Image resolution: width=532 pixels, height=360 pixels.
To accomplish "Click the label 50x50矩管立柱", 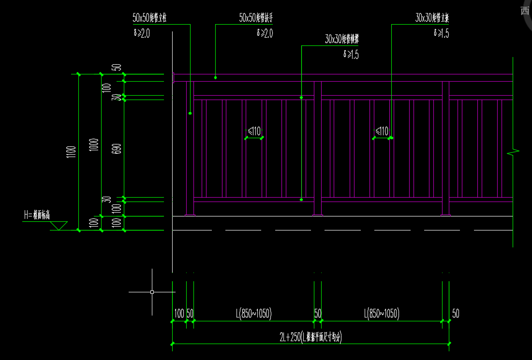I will pyautogui.click(x=153, y=18).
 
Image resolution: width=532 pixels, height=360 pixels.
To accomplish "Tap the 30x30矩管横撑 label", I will pyautogui.click(x=342, y=40).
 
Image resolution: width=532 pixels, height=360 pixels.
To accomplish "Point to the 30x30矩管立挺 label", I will pyautogui.click(x=432, y=18).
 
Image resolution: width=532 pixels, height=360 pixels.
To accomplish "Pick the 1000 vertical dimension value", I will pyautogui.click(x=94, y=145).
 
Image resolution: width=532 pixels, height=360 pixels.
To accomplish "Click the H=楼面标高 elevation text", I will pyautogui.click(x=37, y=216).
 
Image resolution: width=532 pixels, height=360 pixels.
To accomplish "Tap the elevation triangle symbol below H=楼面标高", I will pyautogui.click(x=59, y=226).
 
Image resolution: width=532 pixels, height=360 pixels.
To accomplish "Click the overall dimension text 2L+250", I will pyautogui.click(x=310, y=338).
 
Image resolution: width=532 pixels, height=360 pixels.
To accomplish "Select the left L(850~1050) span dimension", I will pyautogui.click(x=254, y=314).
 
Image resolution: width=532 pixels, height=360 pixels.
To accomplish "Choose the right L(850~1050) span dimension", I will pyautogui.click(x=382, y=314).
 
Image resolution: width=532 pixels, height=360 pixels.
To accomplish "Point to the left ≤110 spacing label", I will pyautogui.click(x=254, y=131).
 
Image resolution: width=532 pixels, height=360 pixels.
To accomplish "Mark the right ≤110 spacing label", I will pyautogui.click(x=382, y=131).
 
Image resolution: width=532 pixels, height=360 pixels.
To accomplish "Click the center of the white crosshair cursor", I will pyautogui.click(x=152, y=292).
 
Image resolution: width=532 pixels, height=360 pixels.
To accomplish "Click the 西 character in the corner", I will pyautogui.click(x=525, y=11).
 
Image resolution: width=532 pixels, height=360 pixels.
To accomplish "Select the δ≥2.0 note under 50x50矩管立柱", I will pyautogui.click(x=141, y=33).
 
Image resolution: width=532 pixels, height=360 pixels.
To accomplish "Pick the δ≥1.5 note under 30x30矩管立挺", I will pyautogui.click(x=442, y=33).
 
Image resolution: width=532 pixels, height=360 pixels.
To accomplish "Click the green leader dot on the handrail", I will pyautogui.click(x=216, y=77).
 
